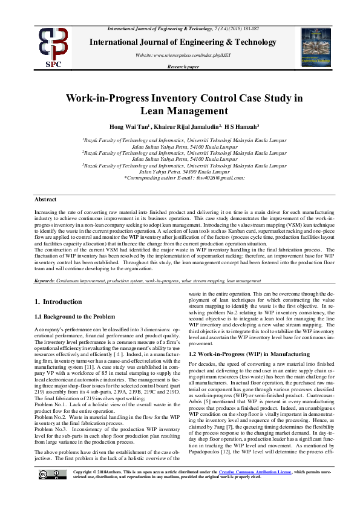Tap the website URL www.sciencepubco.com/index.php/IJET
pos(179,55)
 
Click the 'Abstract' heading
pos(46,199)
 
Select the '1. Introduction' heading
pos(58,302)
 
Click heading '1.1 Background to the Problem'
pos(74,316)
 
